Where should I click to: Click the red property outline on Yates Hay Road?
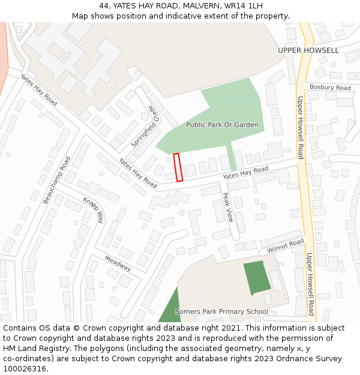point(178,167)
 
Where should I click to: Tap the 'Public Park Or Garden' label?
point(222,125)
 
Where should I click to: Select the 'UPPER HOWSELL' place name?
point(308,50)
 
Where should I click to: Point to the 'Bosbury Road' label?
point(330,88)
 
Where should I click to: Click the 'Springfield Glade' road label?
point(145,126)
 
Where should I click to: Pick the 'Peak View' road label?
point(227,208)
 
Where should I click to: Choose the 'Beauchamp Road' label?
point(56,180)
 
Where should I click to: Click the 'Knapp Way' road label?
point(94,210)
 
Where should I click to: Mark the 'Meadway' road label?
point(118,263)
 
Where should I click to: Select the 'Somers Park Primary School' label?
point(221,311)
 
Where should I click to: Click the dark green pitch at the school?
point(256,277)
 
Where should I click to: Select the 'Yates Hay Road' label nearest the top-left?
point(38,90)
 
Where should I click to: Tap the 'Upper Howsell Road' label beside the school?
point(310,284)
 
